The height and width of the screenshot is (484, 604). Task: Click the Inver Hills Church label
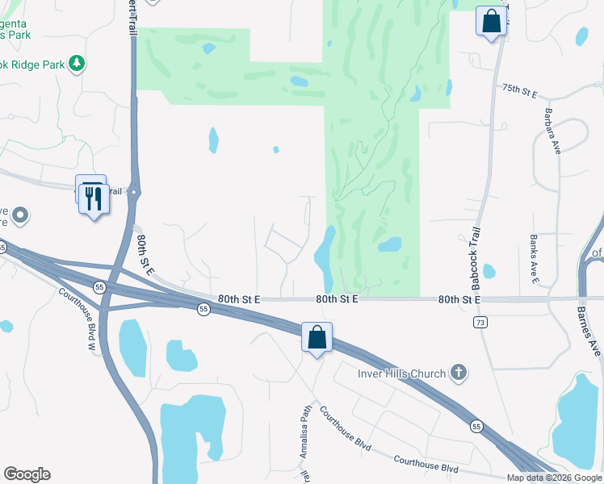[x=401, y=373]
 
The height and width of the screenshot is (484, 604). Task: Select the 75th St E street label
[x=519, y=90]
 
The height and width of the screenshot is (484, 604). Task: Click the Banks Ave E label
[x=534, y=260]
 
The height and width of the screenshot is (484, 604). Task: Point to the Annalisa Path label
[x=306, y=431]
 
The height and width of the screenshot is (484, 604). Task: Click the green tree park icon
[x=77, y=63]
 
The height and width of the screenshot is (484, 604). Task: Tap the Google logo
[x=27, y=474]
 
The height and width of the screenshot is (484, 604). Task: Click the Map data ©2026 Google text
[x=554, y=478]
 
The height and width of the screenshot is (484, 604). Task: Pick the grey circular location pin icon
[x=21, y=215]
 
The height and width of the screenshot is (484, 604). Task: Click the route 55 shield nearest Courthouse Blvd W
[x=99, y=287]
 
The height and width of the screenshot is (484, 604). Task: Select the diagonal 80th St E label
[x=145, y=256]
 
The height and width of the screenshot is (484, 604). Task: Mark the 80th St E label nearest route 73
[x=459, y=299]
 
